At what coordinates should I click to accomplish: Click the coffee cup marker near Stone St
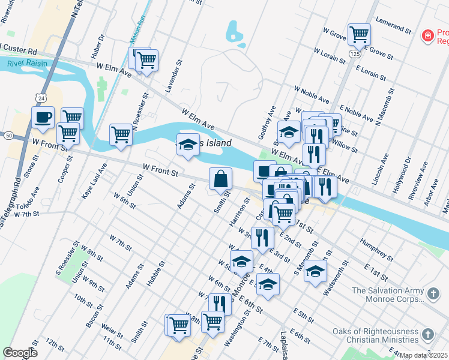pos(43,118)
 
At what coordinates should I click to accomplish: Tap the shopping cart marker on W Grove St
pos(359,34)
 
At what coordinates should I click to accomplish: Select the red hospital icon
pos(427,37)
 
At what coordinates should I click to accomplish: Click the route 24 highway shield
pos(40,97)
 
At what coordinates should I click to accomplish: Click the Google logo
pos(20,353)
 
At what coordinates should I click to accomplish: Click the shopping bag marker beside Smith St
pos(220,178)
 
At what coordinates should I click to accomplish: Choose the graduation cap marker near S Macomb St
pos(315,271)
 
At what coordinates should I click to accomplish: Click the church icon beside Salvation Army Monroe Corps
pos(432,293)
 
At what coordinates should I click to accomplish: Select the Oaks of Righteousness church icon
pos(427,334)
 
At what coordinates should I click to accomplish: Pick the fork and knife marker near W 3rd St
pos(262,238)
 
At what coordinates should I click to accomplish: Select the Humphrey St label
pos(376,250)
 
